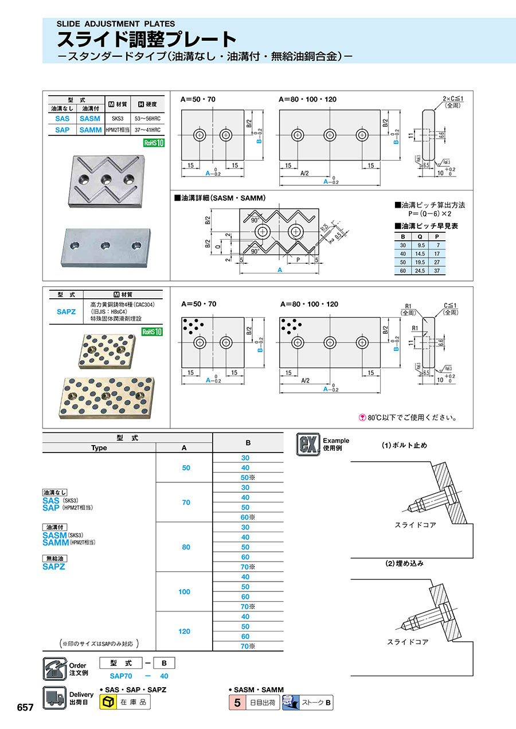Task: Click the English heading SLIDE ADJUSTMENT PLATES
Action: (115, 24)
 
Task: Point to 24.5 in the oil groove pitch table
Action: (421, 271)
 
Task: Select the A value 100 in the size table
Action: (184, 591)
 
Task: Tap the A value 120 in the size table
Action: (184, 631)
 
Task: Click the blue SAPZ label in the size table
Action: (54, 566)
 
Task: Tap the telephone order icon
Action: (55, 669)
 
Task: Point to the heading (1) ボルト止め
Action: (404, 446)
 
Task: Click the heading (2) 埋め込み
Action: (404, 563)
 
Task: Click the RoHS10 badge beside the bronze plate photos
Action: (153, 332)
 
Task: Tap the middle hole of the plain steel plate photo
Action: (105, 246)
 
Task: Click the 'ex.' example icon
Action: (307, 445)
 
